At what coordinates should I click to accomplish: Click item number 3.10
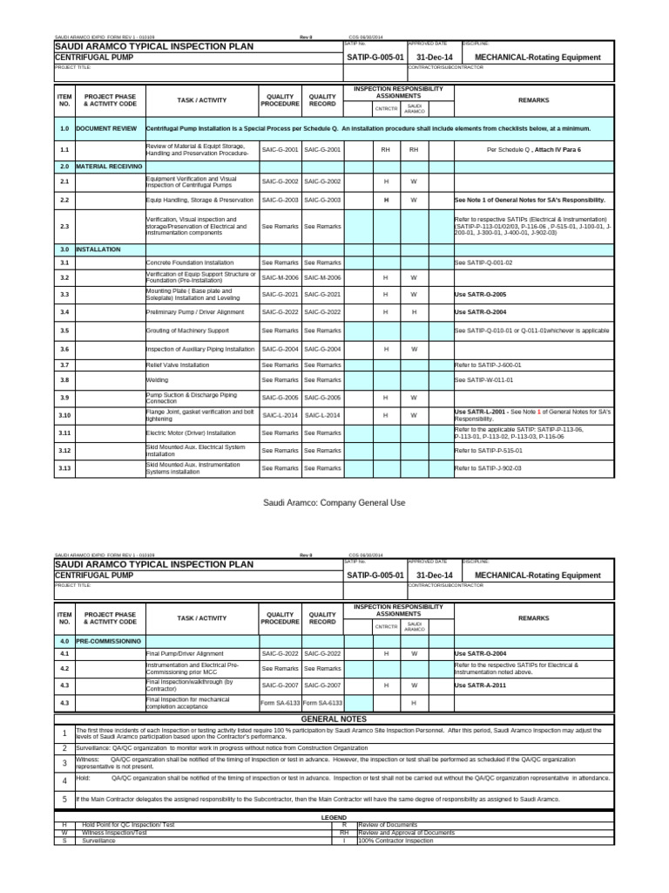click(x=64, y=415)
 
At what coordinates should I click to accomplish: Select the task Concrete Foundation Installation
click(x=190, y=262)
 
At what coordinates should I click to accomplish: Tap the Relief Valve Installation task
click(x=178, y=365)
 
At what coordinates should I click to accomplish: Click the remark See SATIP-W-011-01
click(x=483, y=380)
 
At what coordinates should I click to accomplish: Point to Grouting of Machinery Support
click(x=187, y=331)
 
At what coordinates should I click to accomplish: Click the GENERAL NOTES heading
click(x=335, y=719)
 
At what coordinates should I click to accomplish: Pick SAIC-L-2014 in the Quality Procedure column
click(x=280, y=416)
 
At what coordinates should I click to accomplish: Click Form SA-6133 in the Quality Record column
click(x=322, y=702)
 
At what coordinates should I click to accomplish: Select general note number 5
click(x=64, y=799)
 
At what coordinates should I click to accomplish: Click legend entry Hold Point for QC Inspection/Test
click(x=129, y=825)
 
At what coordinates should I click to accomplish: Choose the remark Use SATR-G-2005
click(x=480, y=295)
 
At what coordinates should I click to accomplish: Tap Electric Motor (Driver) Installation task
click(x=190, y=433)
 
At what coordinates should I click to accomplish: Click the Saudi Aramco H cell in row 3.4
click(x=414, y=311)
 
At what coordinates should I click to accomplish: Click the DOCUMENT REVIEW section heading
click(x=105, y=128)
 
